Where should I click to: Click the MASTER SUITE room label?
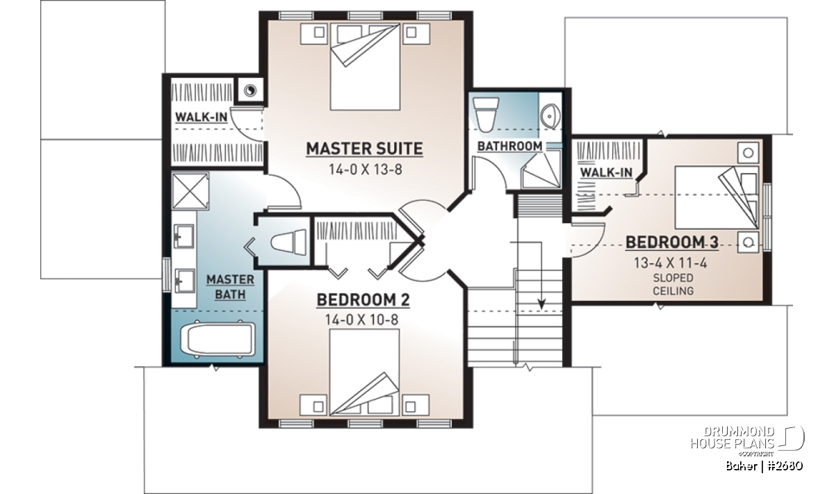pyautogui.click(x=364, y=149)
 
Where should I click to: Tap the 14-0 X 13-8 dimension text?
pyautogui.click(x=366, y=170)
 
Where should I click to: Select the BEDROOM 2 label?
pyautogui.click(x=363, y=299)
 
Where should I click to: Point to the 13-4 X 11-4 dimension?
pyautogui.click(x=671, y=263)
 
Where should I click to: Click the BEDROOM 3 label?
pyautogui.click(x=671, y=242)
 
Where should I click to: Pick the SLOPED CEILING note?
pyautogui.click(x=673, y=284)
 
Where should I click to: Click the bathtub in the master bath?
pyautogui.click(x=218, y=340)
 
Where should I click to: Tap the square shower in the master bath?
pyautogui.click(x=190, y=190)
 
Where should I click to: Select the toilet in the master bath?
pyautogui.click(x=288, y=242)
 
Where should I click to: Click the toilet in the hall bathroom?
pyautogui.click(x=486, y=115)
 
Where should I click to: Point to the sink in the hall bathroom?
pyautogui.click(x=550, y=116)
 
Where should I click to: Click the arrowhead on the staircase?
pyautogui.click(x=541, y=304)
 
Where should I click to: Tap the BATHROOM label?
pyautogui.click(x=509, y=147)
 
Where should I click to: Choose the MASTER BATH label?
pyautogui.click(x=231, y=287)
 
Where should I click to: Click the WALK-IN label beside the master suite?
pyautogui.click(x=201, y=117)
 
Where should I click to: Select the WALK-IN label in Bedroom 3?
pyautogui.click(x=606, y=172)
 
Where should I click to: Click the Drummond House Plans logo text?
pyautogui.click(x=733, y=438)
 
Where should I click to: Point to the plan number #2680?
pyautogui.click(x=785, y=466)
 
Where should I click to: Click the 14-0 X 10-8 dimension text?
pyautogui.click(x=362, y=320)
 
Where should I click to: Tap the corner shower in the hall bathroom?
pyautogui.click(x=541, y=169)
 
